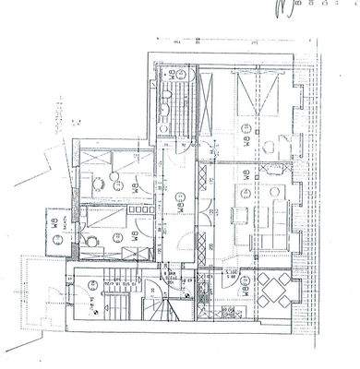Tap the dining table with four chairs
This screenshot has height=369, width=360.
[275, 292]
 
